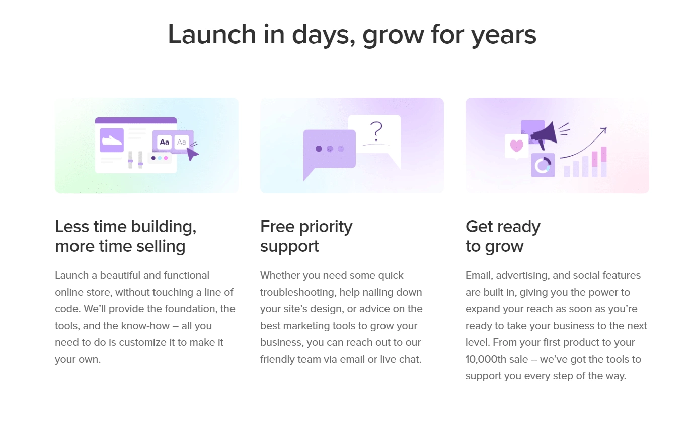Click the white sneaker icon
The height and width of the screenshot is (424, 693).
pyautogui.click(x=112, y=139)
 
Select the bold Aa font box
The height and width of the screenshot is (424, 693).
pyautogui.click(x=165, y=142)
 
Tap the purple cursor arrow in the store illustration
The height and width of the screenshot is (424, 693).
pyautogui.click(x=192, y=154)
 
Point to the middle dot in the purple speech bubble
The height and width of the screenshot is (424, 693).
pyautogui.click(x=330, y=149)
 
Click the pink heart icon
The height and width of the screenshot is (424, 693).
pyautogui.click(x=516, y=146)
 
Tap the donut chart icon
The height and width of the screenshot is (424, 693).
pyautogui.click(x=543, y=165)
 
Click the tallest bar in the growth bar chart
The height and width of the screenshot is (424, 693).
pyautogui.click(x=603, y=162)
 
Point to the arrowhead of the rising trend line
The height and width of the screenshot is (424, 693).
pyautogui.click(x=604, y=130)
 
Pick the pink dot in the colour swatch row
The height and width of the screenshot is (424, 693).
pyautogui.click(x=166, y=158)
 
